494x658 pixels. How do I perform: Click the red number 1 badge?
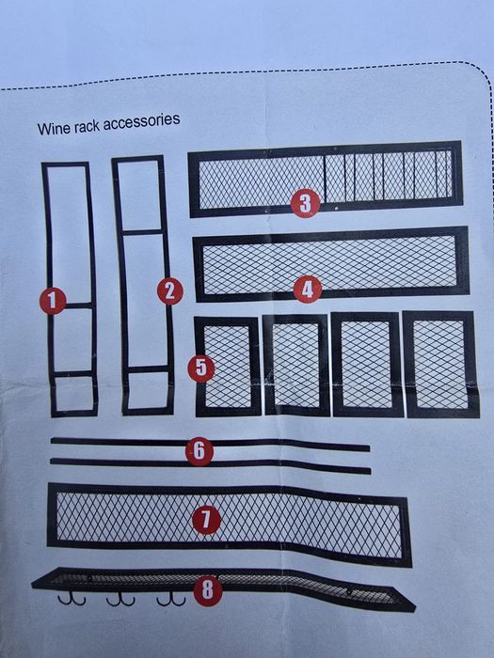point(53,301)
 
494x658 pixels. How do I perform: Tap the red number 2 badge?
point(170,291)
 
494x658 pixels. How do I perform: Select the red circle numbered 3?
point(306,204)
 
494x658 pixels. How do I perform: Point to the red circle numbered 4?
point(308,290)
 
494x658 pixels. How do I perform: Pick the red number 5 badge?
point(201,368)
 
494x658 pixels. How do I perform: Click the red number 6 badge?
point(199,451)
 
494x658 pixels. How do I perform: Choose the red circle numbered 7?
point(206,520)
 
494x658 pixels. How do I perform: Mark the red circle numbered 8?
point(208,591)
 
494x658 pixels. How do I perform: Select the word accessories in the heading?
point(141,122)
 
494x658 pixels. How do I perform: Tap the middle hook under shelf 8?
point(120,600)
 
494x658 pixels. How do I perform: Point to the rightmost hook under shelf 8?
point(170,600)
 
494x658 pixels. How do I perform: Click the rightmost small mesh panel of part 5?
point(440,365)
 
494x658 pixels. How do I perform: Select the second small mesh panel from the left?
point(296,365)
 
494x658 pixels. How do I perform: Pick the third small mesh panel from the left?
point(367,365)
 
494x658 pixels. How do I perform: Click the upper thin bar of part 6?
point(210,443)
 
